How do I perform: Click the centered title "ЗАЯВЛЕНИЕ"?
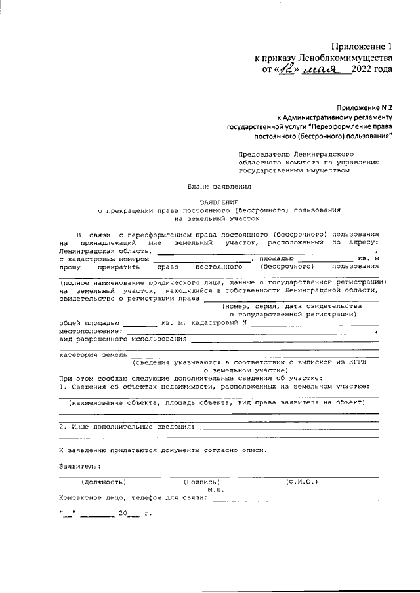point(219,202)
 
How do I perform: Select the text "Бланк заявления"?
point(219,187)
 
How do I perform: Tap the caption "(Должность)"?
point(103,482)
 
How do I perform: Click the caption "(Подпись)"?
point(201,482)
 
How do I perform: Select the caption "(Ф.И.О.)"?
point(302,482)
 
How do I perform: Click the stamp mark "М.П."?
point(216,490)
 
